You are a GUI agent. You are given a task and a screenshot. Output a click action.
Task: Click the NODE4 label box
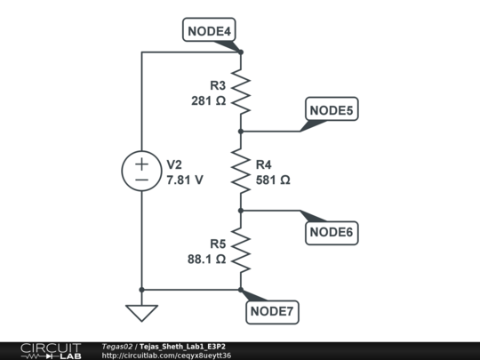[x=210, y=32]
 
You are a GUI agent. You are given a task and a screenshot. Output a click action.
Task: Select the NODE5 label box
[x=332, y=110]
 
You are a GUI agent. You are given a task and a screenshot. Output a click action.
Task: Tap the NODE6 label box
[x=332, y=233]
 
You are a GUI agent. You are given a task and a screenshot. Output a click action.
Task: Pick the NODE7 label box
[x=273, y=311]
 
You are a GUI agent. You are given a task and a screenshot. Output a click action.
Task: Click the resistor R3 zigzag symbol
[x=241, y=92]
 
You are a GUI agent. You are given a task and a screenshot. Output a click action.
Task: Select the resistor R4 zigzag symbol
[x=241, y=171]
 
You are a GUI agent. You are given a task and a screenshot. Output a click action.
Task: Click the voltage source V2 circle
[x=141, y=171]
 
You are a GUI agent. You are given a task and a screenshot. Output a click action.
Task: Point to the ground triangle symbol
[x=141, y=312]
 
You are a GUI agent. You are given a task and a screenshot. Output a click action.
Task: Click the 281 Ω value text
[x=209, y=101]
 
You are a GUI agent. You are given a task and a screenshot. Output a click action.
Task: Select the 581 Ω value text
[x=273, y=180]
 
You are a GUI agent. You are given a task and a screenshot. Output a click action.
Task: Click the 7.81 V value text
[x=185, y=180]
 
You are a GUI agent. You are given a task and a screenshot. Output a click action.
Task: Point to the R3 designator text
[x=218, y=86]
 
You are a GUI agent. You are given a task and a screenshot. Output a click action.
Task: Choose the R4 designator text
[x=265, y=164]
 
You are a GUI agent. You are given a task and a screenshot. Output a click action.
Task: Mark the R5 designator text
[x=218, y=244]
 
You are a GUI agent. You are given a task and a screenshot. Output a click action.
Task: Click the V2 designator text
[x=175, y=164]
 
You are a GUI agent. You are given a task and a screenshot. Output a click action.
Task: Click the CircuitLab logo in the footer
[x=50, y=350]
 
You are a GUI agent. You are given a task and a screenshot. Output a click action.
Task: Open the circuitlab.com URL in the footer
[x=166, y=356]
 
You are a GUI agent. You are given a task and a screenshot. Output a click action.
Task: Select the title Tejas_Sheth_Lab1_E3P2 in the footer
[x=188, y=346]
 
